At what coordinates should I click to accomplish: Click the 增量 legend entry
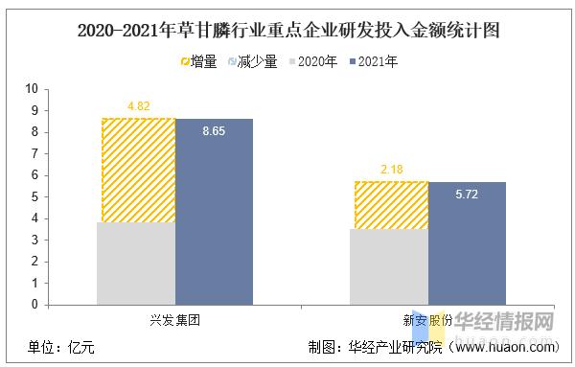195,61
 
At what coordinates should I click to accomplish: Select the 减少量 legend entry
250,61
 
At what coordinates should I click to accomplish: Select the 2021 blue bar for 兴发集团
214,212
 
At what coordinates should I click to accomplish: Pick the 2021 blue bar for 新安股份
467,243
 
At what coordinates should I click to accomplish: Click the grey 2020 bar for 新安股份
391,266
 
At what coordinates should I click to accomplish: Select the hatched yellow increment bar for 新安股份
391,205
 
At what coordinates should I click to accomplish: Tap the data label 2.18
391,170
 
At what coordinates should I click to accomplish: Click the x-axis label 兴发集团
175,321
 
